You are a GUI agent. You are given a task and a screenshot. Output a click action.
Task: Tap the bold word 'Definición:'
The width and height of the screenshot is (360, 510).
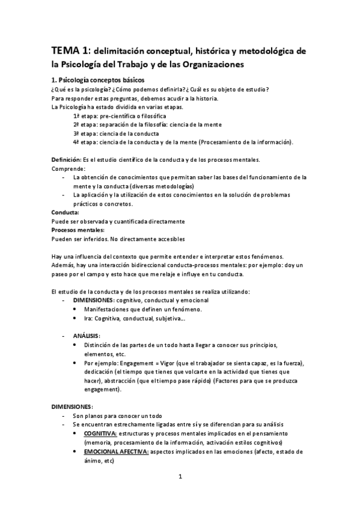67,159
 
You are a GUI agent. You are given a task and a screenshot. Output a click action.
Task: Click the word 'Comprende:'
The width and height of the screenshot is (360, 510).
69,168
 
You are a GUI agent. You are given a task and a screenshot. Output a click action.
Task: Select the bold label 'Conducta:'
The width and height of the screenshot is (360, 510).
66,212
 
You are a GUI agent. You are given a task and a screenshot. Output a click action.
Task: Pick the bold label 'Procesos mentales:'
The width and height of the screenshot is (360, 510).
78,230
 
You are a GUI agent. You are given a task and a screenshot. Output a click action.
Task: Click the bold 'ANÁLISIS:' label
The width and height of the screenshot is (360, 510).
87,335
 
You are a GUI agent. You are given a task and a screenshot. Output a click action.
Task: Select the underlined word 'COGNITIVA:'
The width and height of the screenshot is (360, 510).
101,433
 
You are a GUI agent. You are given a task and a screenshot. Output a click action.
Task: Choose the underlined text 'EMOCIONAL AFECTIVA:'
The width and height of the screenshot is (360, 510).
117,451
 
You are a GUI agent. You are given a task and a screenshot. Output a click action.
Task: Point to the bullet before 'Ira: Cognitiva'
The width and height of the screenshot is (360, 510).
74,318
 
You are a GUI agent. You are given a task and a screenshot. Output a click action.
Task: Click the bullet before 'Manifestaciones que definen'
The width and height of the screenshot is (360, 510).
74,309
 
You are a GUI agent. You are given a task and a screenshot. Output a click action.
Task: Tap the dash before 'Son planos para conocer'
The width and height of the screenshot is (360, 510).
64,416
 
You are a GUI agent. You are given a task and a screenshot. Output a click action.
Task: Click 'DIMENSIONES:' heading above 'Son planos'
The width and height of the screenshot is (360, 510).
72,407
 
